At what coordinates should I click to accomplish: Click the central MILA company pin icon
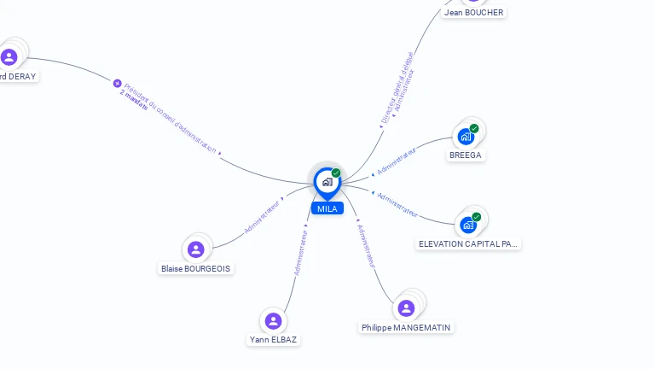[327, 182]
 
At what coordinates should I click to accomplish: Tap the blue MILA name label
[327, 208]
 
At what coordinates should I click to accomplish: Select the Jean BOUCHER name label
[473, 13]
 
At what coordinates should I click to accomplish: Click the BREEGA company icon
[466, 137]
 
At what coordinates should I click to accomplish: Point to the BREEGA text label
[466, 155]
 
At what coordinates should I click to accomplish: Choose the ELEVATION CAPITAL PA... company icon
[467, 225]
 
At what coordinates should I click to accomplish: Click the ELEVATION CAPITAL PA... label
[468, 243]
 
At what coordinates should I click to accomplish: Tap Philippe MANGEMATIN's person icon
[406, 307]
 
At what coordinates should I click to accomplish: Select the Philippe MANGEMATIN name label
[406, 327]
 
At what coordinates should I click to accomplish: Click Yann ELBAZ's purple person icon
[273, 320]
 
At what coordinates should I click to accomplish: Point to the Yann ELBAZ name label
[274, 339]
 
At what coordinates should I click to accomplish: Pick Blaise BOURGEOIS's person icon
[196, 249]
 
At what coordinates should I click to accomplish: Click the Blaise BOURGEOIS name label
[196, 268]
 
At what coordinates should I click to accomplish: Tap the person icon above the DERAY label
[9, 57]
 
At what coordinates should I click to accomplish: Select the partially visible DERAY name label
[18, 76]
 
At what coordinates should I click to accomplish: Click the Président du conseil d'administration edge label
[170, 119]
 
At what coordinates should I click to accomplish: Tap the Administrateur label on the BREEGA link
[397, 161]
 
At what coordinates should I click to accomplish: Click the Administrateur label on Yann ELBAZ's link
[300, 250]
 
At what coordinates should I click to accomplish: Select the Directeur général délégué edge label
[395, 88]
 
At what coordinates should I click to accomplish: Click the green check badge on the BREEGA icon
[474, 129]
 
